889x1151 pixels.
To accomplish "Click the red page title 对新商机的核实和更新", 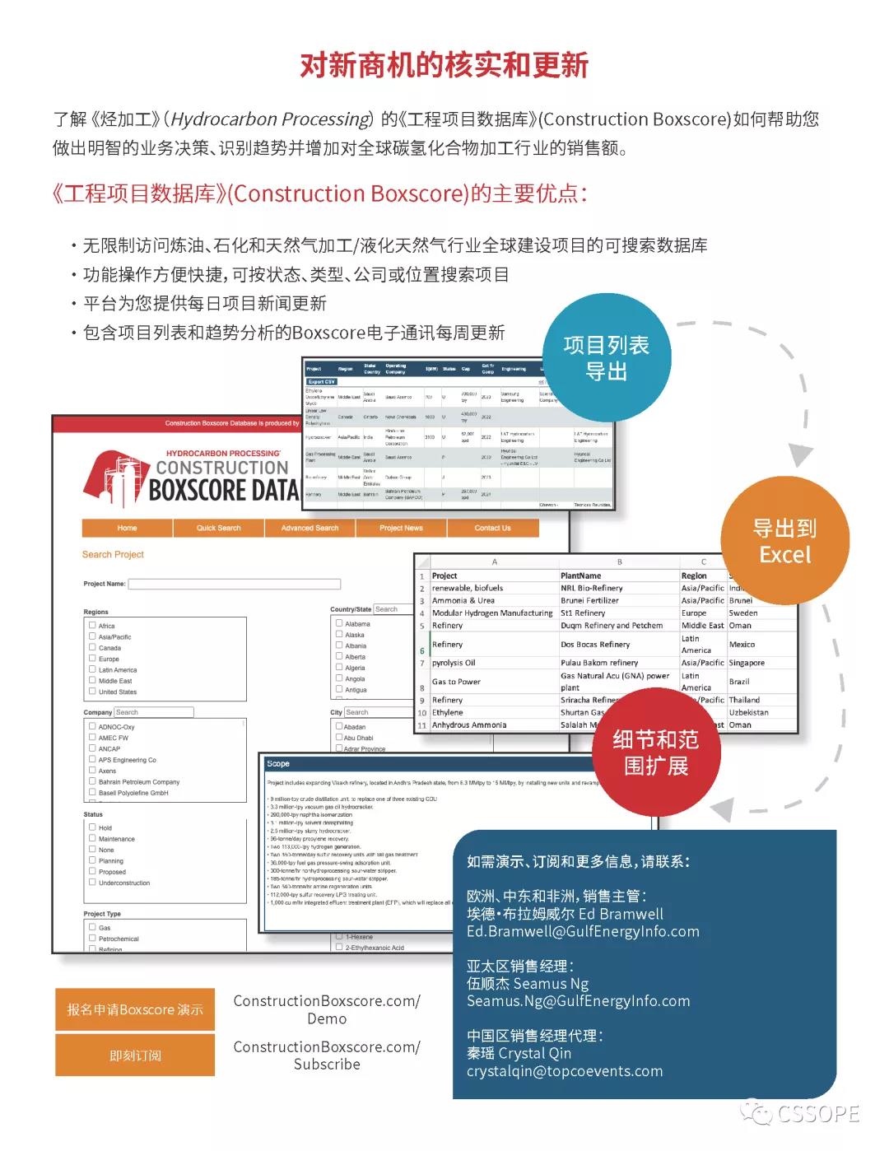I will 444,65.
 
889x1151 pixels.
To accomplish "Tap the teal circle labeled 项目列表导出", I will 607,358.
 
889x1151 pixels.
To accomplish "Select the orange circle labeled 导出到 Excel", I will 784,541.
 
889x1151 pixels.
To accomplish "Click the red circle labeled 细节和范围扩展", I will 655,753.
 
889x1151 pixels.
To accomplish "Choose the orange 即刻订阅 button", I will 135,1055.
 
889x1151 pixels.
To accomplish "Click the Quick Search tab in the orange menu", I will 218,528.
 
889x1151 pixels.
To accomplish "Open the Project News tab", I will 401,528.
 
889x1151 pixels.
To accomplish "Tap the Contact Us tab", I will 492,528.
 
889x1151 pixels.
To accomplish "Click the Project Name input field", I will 234,584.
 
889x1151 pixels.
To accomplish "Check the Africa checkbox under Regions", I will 92,625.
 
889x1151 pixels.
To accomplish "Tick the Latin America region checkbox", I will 92,669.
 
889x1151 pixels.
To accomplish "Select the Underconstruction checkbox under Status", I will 92,882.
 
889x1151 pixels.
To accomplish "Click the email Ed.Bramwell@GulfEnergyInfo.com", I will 583,931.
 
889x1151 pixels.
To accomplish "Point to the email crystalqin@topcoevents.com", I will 565,1071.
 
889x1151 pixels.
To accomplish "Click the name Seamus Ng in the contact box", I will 551,983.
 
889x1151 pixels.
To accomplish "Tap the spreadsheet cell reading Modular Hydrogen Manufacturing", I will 492,613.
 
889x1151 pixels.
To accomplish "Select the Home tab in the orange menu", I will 127,528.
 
